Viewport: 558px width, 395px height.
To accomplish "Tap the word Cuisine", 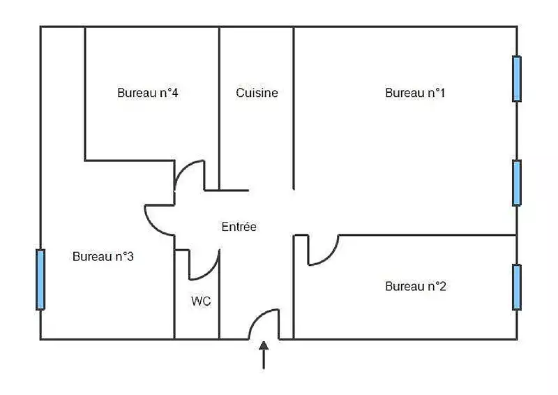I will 257,93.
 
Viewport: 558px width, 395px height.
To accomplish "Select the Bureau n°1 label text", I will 415,93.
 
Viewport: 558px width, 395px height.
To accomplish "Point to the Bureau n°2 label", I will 415,286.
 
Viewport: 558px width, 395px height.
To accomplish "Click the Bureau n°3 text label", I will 103,257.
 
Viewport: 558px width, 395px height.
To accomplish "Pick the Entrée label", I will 239,227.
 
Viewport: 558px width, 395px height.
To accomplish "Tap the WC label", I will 201,301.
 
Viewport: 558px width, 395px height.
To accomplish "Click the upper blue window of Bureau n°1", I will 517,79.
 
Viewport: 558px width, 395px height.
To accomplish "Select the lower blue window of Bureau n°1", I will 517,183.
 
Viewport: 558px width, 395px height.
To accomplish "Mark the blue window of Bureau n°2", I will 517,287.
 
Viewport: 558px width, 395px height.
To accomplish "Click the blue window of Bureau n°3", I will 40,279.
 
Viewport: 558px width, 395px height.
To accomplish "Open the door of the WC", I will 208,269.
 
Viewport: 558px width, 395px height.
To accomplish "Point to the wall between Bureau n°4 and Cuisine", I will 220,105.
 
